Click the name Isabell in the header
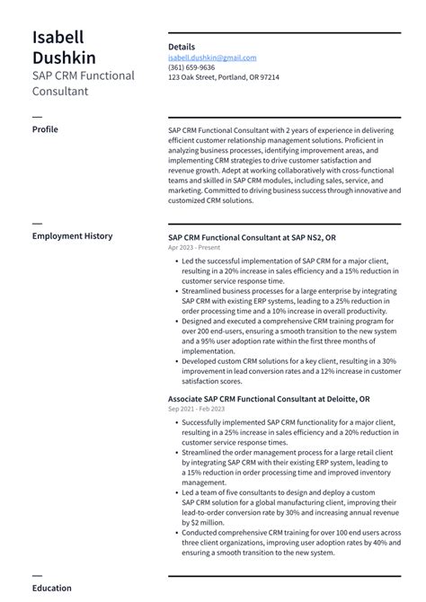click(58, 37)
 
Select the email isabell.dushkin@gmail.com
click(211, 58)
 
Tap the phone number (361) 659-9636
click(191, 67)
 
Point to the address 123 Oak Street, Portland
click(223, 77)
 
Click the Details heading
click(181, 46)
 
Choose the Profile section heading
click(45, 129)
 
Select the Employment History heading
click(72, 236)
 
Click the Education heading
click(51, 589)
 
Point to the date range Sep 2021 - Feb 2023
click(196, 409)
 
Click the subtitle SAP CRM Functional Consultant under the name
click(83, 84)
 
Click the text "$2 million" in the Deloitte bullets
click(199, 522)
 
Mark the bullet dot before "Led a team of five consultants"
click(175, 492)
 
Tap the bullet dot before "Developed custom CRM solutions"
click(175, 361)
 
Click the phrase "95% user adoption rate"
click(233, 341)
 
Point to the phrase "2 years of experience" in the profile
click(302, 129)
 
